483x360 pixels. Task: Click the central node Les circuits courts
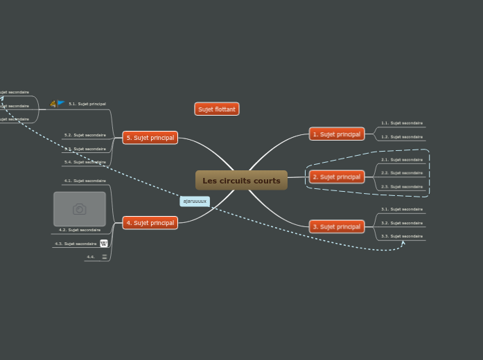pos(241,181)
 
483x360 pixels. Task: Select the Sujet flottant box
pos(217,109)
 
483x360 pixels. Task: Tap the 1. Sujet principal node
pos(337,134)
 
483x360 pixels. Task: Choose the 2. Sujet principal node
pos(337,177)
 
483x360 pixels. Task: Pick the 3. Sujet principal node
pos(337,227)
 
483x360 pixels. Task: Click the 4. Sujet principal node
pos(150,223)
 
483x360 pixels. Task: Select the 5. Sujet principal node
pos(150,138)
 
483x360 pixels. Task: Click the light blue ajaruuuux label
pos(195,201)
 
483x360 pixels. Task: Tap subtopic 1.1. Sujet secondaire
pos(402,123)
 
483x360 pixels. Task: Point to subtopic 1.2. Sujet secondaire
pos(402,137)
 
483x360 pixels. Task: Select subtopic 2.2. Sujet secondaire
pos(402,173)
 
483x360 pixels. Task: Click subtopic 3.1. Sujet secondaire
pos(402,209)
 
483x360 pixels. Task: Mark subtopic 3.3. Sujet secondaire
pos(402,236)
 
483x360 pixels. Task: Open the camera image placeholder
pos(80,209)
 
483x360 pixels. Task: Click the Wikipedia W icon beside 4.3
pos(104,244)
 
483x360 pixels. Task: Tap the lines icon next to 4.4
pos(105,257)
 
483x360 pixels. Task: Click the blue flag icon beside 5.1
pos(61,103)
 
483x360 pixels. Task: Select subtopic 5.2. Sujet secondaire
pos(85,135)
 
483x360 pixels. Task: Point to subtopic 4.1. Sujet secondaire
pos(85,181)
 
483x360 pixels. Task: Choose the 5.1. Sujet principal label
pos(87,104)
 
